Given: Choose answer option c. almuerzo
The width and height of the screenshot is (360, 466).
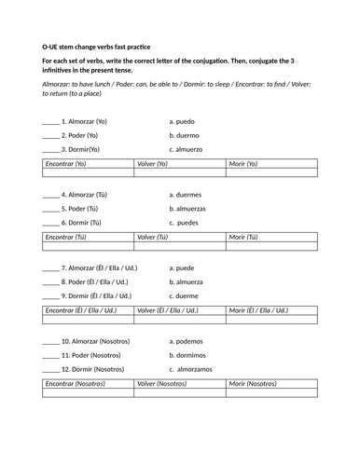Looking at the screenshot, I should coord(187,149).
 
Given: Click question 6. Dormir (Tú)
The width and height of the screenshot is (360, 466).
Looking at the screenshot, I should coord(81,223).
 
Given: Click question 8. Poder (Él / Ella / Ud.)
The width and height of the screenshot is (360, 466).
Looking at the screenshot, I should coord(94,281).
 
